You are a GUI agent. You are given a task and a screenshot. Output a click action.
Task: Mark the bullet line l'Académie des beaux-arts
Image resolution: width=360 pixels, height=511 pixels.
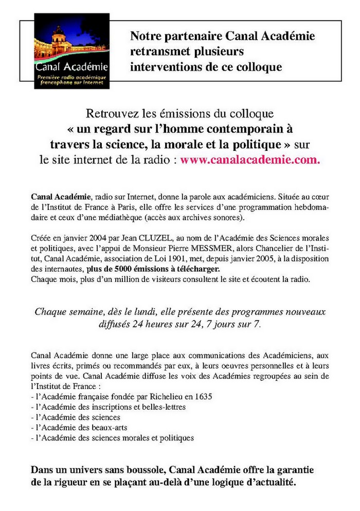(x=86, y=428)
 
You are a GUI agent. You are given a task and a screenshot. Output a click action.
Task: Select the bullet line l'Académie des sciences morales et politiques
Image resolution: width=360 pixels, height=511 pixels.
(x=113, y=438)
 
